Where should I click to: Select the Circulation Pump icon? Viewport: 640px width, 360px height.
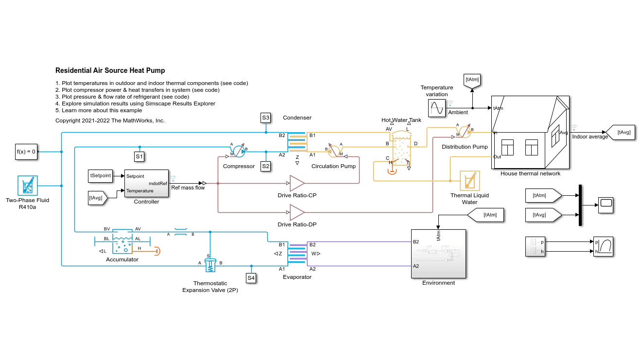pos(334,151)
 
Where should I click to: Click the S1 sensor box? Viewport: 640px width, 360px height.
pos(139,156)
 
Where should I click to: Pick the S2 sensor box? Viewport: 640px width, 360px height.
pos(266,166)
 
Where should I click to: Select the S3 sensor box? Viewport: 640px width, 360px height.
pos(266,118)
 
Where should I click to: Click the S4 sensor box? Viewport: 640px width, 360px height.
pos(251,278)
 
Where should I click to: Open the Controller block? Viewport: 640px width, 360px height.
pos(146,183)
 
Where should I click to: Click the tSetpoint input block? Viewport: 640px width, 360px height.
pos(101,175)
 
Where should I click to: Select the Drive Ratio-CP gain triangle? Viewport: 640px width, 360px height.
pos(296,183)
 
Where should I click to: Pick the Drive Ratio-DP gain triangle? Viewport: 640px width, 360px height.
pos(296,212)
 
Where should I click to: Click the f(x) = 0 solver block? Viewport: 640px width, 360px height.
pos(26,152)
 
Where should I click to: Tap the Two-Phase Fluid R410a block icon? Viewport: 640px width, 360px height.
pos(28,186)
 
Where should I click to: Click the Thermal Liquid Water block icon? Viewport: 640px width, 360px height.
pos(469,181)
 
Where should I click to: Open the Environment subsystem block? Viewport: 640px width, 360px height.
pos(438,254)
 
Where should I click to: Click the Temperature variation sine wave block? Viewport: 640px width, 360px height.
pos(436,108)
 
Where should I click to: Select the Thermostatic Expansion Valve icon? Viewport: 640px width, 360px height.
pos(210,265)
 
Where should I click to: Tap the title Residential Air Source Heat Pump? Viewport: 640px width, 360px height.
pos(110,70)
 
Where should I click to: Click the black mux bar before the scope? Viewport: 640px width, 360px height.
pos(580,205)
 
